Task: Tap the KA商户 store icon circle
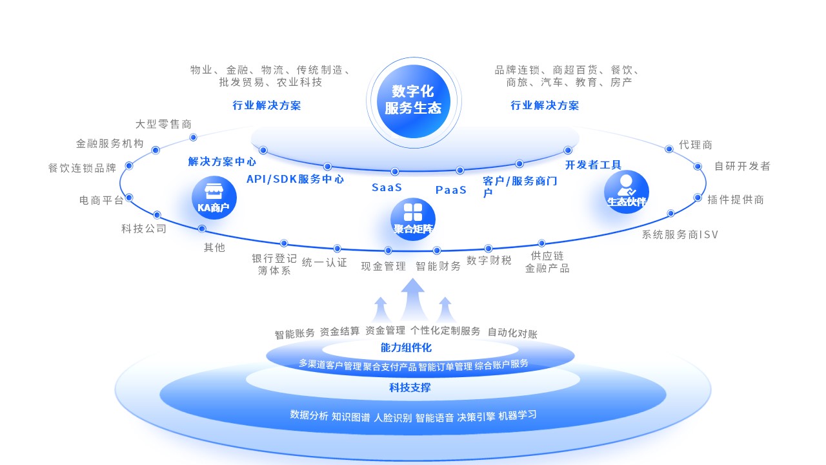(214, 198)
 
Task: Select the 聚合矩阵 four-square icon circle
(413, 219)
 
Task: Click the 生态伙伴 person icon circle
(626, 192)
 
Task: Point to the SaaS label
(387, 187)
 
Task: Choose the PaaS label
(450, 190)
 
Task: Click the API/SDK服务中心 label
(295, 179)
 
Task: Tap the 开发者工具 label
(593, 165)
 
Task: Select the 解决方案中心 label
(222, 161)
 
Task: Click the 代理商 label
(695, 145)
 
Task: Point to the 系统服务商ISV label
(680, 234)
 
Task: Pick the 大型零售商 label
(163, 124)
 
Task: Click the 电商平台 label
(101, 200)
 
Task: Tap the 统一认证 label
(324, 262)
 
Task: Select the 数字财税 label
(489, 260)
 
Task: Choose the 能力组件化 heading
(406, 347)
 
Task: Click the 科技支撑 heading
(410, 387)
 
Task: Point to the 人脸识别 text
(392, 417)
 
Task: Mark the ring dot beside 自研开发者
(698, 166)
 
